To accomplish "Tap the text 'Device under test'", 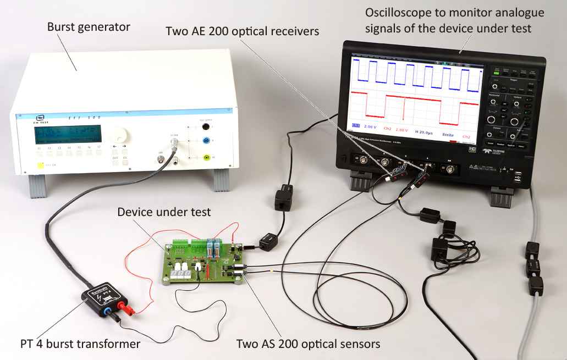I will pyautogui.click(x=164, y=212).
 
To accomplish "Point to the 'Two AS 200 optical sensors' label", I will pyautogui.click(x=308, y=345).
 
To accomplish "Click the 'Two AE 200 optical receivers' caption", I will pyautogui.click(x=243, y=31).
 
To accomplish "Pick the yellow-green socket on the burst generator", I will pyautogui.click(x=206, y=158).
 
